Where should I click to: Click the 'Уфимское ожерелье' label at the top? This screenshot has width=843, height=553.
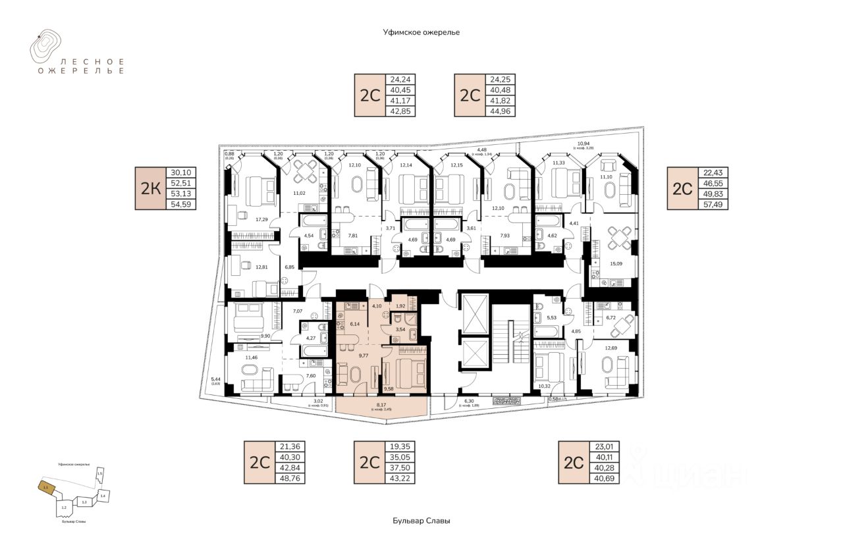coord(421,32)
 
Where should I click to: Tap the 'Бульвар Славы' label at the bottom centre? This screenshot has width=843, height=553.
coord(421,521)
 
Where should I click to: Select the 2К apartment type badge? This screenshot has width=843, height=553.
coord(151,189)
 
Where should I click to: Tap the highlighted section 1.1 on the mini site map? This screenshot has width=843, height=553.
coord(45,488)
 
